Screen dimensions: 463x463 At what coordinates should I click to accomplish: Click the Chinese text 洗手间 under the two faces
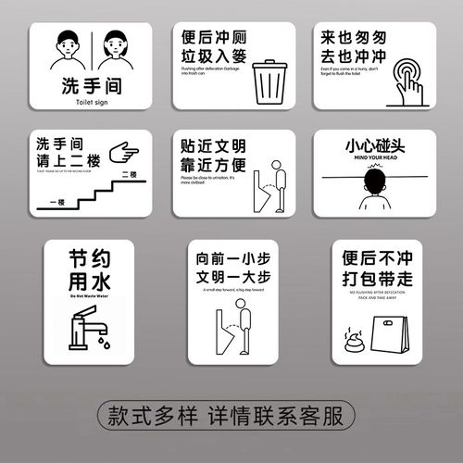click(84, 88)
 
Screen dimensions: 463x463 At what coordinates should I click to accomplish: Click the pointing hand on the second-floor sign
click(124, 149)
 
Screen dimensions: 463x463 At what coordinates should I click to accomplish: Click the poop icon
click(352, 331)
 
